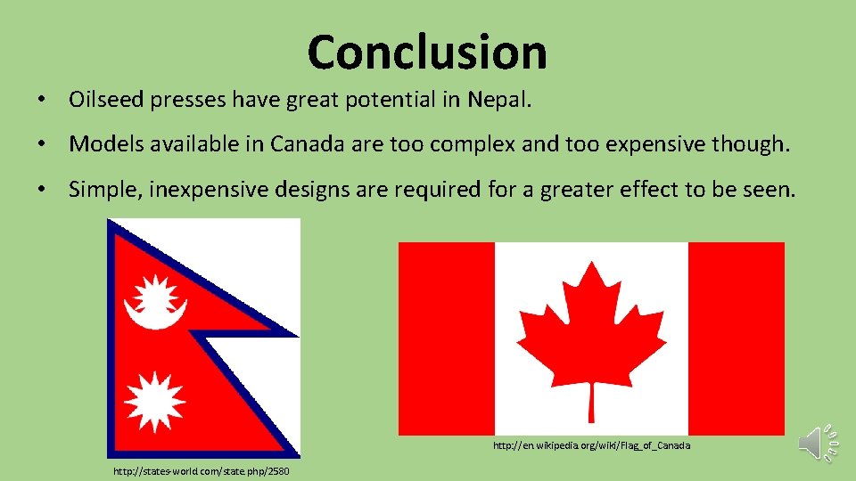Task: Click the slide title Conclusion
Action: click(x=427, y=52)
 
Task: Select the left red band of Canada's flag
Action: click(x=446, y=338)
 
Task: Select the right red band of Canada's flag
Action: click(x=736, y=338)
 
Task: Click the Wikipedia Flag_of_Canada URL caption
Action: click(x=592, y=444)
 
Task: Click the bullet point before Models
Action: click(x=42, y=144)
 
